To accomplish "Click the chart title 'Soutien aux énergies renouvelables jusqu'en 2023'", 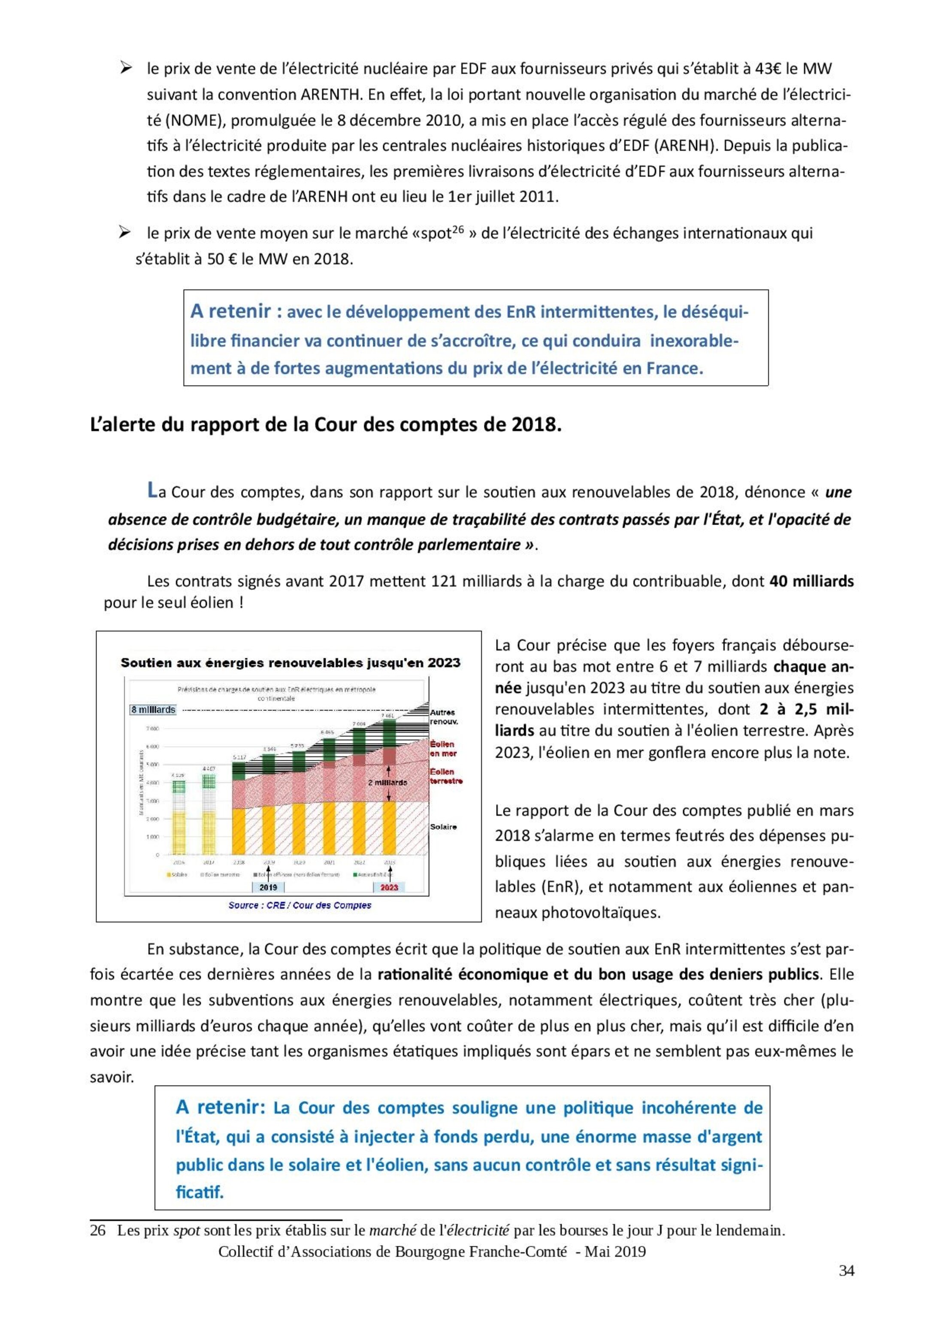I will pos(290,663).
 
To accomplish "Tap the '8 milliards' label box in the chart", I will pos(153,710).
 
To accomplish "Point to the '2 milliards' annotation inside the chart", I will pos(387,783).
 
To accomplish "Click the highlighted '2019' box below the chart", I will pos(268,887).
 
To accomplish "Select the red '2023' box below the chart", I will pos(389,887).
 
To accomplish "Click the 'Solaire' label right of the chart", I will pos(443,827).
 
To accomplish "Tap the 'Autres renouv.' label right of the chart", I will pos(444,717).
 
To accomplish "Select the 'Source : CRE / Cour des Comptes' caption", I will pos(300,905).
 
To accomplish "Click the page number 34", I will pos(846,1271).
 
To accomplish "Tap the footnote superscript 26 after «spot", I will pos(458,229).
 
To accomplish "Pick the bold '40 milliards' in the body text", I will pos(811,581).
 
